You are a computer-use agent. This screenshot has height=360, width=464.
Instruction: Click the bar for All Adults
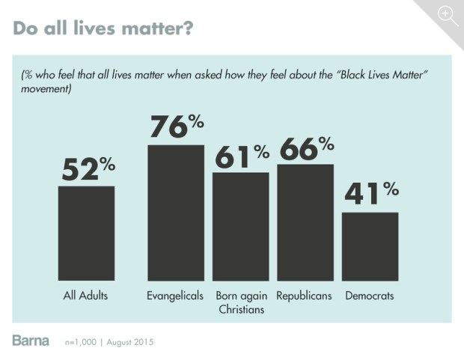point(86,233)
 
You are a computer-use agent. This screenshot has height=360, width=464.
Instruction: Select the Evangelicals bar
point(175,213)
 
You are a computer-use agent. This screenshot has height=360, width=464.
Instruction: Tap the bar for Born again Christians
point(240,226)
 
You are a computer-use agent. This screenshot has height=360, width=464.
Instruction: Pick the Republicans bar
point(305,222)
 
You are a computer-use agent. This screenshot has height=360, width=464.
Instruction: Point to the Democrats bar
point(370,246)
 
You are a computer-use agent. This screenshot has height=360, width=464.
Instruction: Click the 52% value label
point(87,169)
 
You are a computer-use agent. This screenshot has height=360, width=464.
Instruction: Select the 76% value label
point(177,126)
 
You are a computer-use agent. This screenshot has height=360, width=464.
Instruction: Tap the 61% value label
point(242,156)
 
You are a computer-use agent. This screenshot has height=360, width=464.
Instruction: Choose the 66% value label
point(306,147)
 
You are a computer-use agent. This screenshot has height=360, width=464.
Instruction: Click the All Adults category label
point(85,296)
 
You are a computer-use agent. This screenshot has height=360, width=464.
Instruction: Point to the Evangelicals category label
point(175,296)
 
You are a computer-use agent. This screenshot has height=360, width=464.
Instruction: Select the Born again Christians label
point(240,302)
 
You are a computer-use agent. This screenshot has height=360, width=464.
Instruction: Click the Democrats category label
point(370,296)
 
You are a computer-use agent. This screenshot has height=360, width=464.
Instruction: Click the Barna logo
point(31,341)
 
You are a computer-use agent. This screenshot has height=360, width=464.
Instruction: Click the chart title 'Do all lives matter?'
point(104,28)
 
